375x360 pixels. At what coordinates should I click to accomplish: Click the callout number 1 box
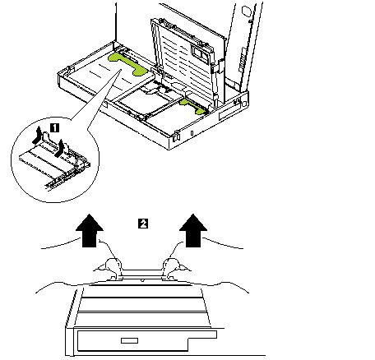point(55,127)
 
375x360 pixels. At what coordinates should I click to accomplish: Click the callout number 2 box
point(143,224)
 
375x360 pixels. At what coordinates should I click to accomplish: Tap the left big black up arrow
point(90,230)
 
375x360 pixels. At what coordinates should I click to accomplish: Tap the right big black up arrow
point(193,230)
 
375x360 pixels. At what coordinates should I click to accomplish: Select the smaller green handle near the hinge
point(192,106)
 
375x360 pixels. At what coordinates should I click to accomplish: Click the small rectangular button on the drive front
point(129,340)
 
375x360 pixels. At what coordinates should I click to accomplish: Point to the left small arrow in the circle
point(38,135)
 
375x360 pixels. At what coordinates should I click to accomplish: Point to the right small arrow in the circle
point(60,148)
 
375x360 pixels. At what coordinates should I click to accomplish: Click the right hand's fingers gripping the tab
point(172,266)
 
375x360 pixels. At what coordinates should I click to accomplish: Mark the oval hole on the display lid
point(246,12)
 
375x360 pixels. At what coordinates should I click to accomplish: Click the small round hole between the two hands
point(142,280)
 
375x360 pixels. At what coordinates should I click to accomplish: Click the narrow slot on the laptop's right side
point(229,113)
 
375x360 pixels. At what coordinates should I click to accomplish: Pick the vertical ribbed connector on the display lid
point(243,60)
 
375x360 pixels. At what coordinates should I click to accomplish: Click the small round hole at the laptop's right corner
point(244,104)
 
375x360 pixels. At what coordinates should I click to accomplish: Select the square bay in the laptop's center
point(144,101)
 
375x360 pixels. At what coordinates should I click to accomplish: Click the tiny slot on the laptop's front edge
point(192,133)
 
